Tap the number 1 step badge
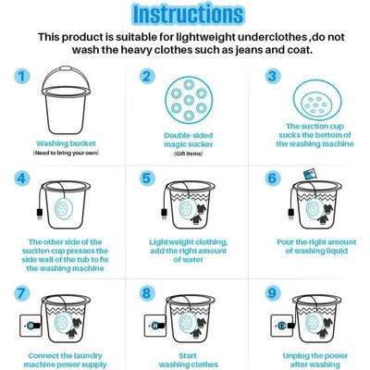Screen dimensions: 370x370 coord(20,79)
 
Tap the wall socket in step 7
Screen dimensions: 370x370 coord(29,327)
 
